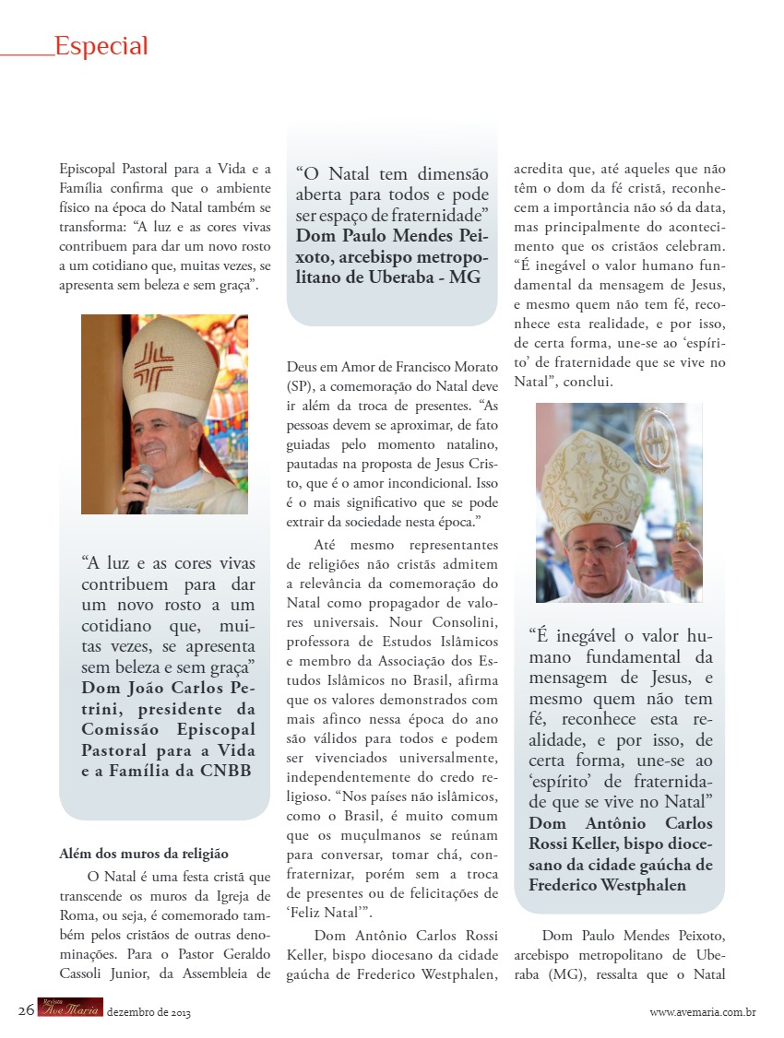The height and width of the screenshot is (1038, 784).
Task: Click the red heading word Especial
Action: coord(101,45)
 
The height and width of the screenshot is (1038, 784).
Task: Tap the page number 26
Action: coord(26,1009)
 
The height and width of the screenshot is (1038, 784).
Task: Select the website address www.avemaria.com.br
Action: coord(703,1012)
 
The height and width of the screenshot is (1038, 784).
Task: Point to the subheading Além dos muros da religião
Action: coord(143,855)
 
